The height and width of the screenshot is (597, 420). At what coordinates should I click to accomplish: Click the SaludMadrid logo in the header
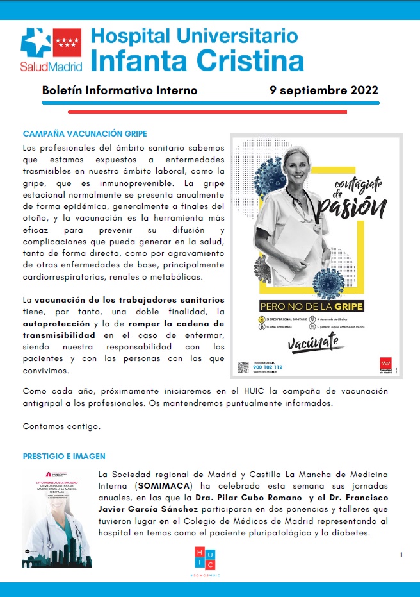pyautogui.click(x=52, y=48)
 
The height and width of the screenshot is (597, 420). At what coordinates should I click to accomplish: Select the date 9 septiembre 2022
pyautogui.click(x=324, y=90)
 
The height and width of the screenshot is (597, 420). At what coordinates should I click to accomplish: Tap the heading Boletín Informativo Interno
pyautogui.click(x=119, y=90)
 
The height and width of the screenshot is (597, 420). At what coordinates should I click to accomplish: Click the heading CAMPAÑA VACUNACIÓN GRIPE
pyautogui.click(x=85, y=134)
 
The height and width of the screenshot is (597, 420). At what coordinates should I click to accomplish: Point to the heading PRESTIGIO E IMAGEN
pyautogui.click(x=64, y=456)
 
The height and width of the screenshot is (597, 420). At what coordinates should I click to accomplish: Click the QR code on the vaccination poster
pyautogui.click(x=243, y=367)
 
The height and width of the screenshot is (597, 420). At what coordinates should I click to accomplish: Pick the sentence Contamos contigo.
pyautogui.click(x=61, y=426)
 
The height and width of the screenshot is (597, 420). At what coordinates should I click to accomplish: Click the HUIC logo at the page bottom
pyautogui.click(x=205, y=558)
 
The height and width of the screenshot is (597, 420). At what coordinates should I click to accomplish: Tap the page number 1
pyautogui.click(x=401, y=555)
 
